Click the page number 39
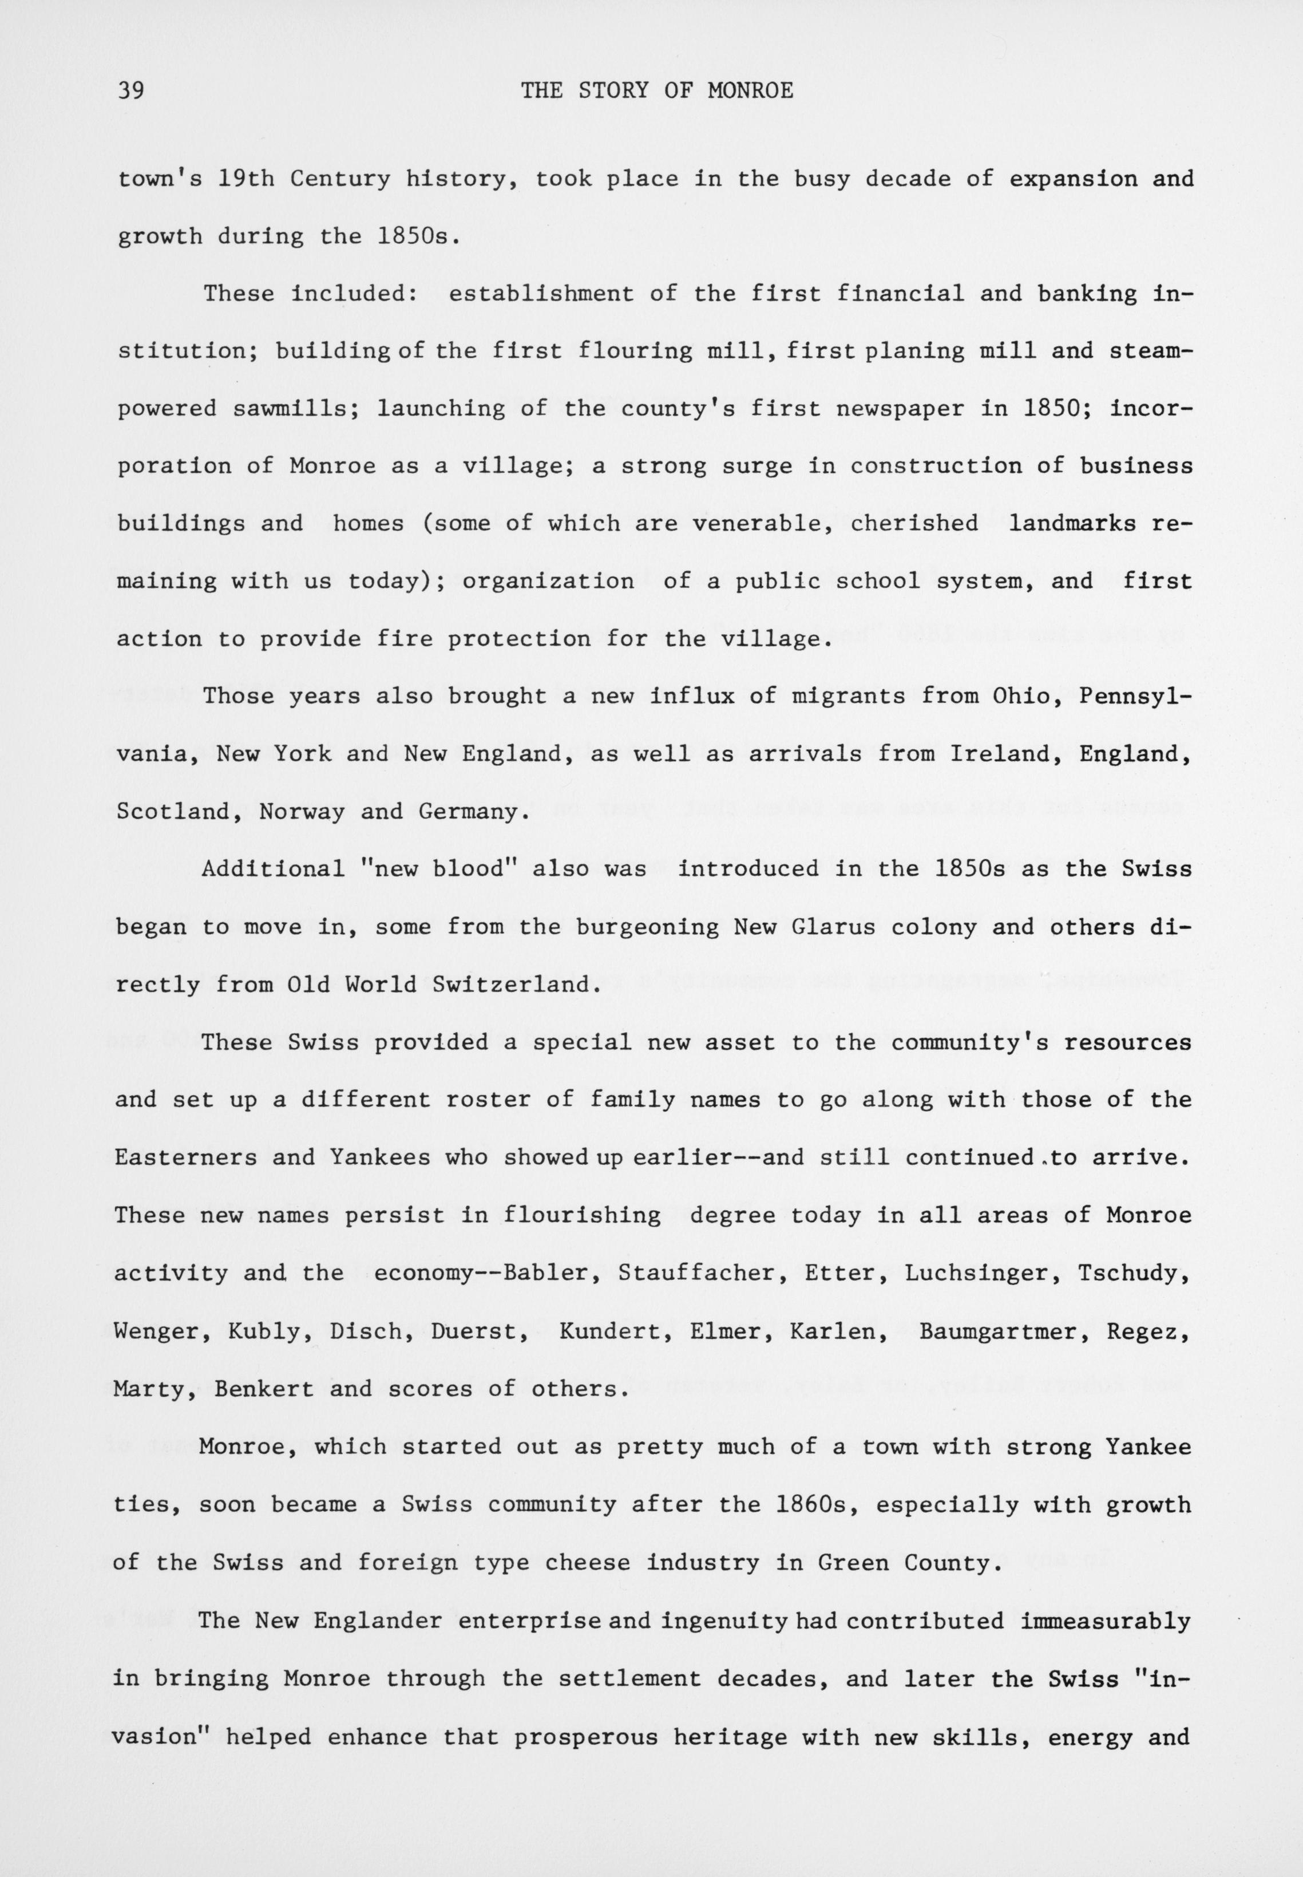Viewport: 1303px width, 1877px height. coord(130,90)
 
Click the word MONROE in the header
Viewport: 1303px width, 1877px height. coord(750,90)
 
